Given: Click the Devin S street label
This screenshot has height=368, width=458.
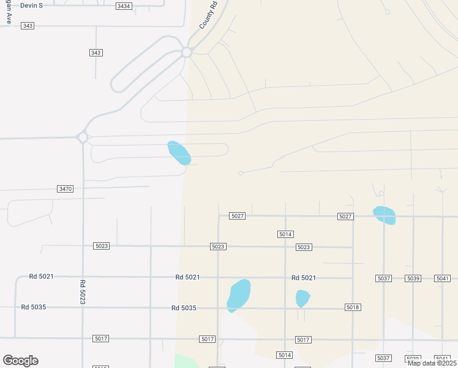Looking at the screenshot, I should [x=31, y=6].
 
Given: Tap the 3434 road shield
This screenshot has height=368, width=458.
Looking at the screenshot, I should [x=124, y=6].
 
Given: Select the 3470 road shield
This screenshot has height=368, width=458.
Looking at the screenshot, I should [x=65, y=189].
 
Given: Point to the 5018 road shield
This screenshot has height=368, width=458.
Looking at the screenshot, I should [x=352, y=307].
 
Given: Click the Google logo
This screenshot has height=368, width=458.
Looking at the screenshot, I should [x=20, y=361].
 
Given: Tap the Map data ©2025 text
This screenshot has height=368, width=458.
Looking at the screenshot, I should [x=431, y=363].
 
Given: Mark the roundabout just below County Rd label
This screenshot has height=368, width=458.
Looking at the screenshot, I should [x=186, y=53].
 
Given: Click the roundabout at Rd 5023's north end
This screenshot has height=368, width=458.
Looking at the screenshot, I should [x=83, y=137].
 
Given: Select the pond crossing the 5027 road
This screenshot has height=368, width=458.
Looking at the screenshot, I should [x=385, y=215].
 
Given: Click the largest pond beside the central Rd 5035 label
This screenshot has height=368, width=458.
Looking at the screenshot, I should [x=239, y=295].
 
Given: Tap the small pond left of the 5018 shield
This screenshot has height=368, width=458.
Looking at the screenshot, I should [x=302, y=299].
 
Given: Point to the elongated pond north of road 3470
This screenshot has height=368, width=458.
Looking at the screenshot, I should [x=179, y=153].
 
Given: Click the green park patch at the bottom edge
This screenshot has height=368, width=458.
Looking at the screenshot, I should [x=187, y=361].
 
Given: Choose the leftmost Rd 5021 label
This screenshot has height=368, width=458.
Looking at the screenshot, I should [x=42, y=277].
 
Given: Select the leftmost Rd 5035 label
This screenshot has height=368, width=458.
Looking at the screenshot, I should [x=34, y=307].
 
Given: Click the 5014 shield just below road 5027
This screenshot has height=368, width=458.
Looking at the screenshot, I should [x=285, y=234].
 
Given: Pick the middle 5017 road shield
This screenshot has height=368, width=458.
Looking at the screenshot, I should [x=208, y=339].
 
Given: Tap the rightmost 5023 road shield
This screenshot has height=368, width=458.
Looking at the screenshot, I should [x=304, y=247].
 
